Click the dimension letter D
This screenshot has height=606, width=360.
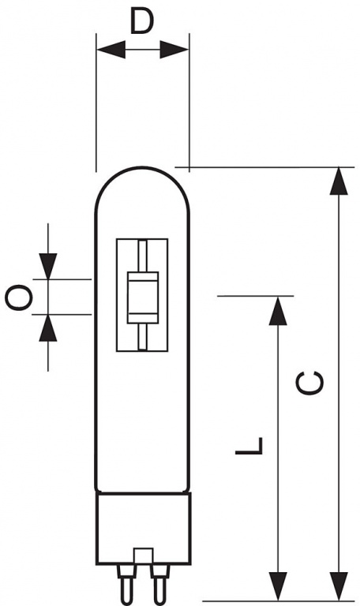(x=142, y=21)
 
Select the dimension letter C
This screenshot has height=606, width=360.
(x=309, y=383)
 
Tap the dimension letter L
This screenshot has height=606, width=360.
(x=249, y=446)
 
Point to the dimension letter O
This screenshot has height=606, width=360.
(x=18, y=297)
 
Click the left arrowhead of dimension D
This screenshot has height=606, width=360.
(x=111, y=50)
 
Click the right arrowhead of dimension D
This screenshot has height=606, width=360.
(x=174, y=50)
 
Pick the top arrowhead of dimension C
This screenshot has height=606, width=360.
(x=339, y=181)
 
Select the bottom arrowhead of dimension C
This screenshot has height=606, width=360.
(x=339, y=586)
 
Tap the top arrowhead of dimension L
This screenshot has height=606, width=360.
(x=278, y=311)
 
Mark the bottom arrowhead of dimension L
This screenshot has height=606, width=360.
(x=278, y=586)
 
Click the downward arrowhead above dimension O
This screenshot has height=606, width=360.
(x=48, y=266)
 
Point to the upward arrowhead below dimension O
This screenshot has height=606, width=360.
(x=48, y=327)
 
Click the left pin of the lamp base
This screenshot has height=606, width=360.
(x=126, y=585)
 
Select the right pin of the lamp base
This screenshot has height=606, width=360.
(x=159, y=585)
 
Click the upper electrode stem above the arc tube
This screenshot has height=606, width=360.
(x=143, y=256)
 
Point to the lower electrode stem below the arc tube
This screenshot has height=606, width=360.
(x=143, y=336)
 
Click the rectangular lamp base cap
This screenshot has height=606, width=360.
(x=144, y=528)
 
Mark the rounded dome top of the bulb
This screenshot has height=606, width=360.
(x=143, y=167)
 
